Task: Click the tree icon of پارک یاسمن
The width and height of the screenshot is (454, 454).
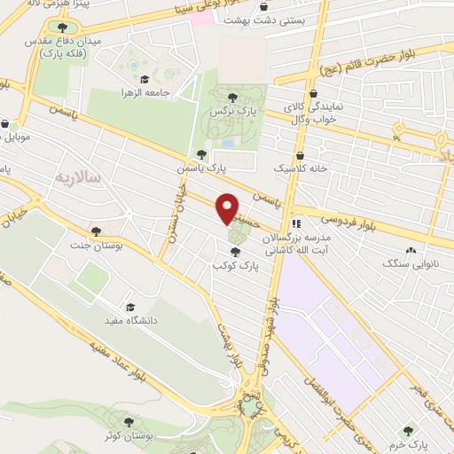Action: coord(201,155)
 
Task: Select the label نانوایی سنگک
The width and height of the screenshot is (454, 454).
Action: coord(408,264)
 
